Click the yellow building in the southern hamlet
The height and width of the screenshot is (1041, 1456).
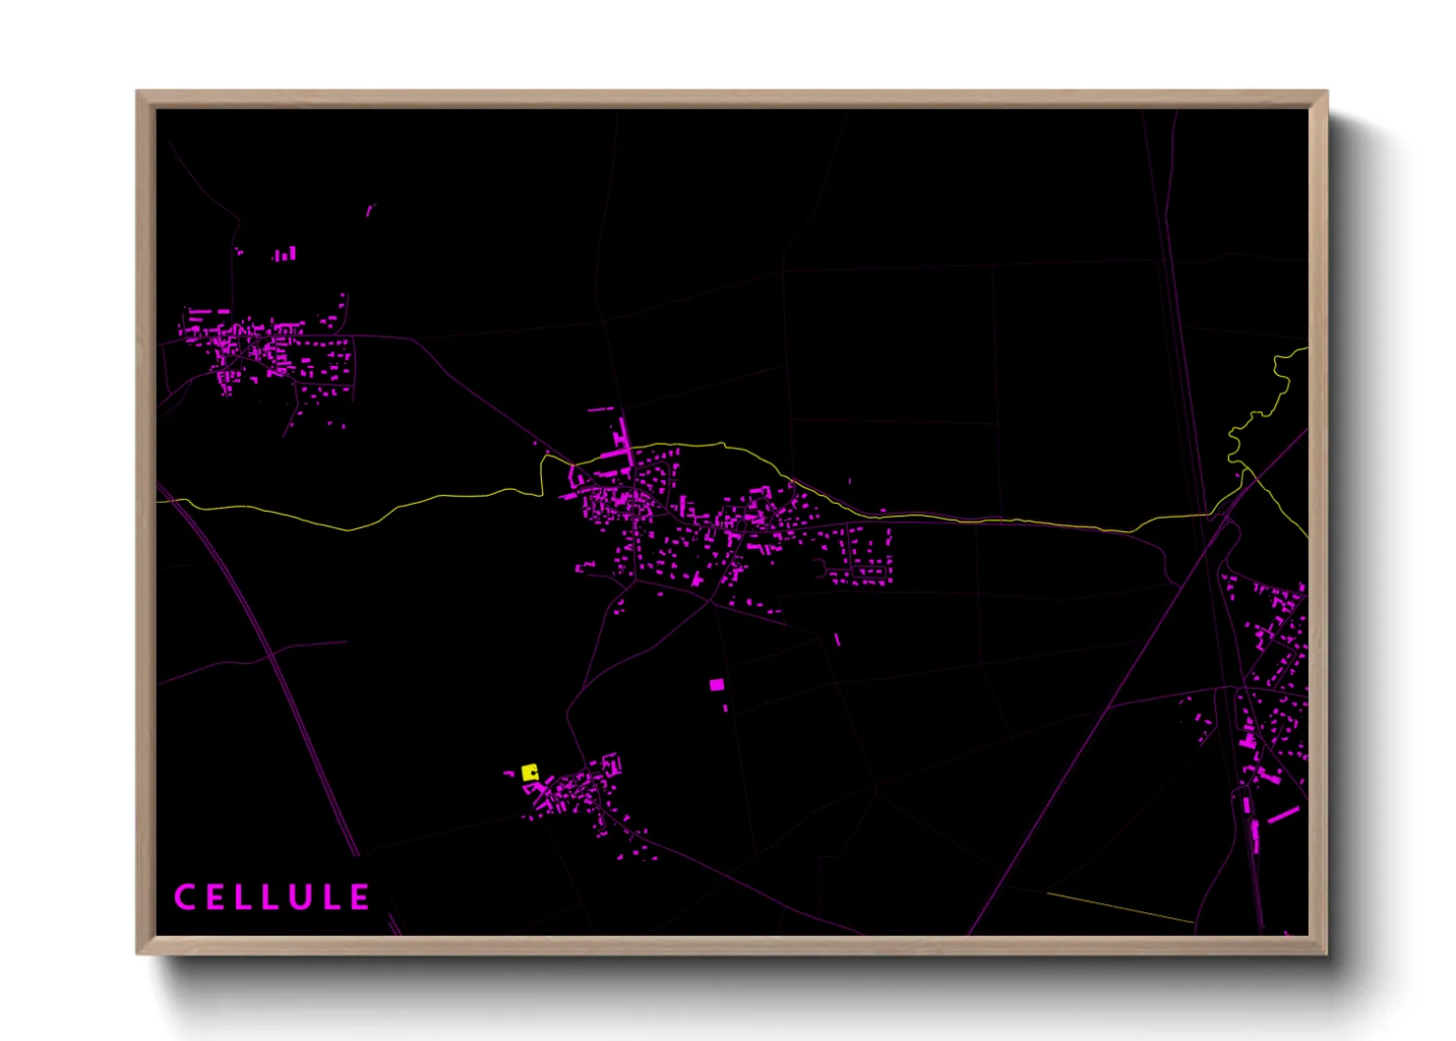pos(529,772)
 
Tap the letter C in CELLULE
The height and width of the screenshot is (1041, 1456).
pos(184,897)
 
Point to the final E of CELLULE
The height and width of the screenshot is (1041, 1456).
pos(360,897)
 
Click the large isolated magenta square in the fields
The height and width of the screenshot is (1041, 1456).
pos(716,684)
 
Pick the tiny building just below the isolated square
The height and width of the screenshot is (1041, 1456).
pos(726,707)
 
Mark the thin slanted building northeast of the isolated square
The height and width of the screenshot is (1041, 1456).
pos(837,640)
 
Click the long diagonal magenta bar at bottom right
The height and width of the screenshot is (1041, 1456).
pos(1283,815)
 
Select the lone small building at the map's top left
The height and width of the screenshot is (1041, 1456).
pos(371,210)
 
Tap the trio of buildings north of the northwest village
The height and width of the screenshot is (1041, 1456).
pos(284,255)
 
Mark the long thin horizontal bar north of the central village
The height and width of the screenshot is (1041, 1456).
pos(601,408)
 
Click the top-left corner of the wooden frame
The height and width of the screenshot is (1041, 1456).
pos(139,93)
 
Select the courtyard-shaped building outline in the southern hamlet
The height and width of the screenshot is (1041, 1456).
pos(612,764)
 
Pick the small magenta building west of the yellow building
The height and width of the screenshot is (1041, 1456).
pos(510,774)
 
